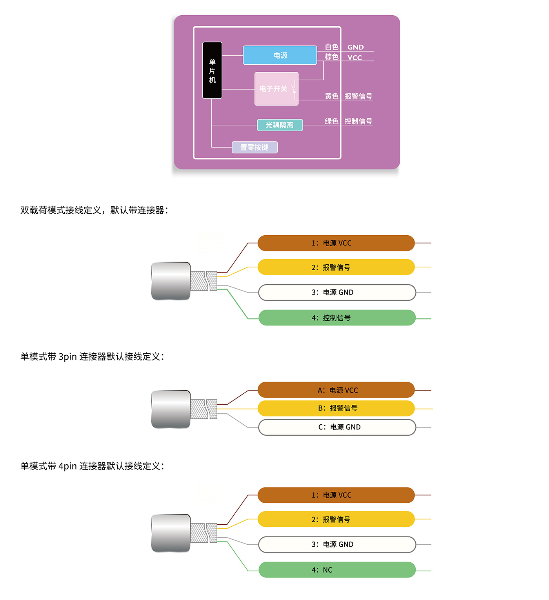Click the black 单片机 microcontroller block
pos(212,70)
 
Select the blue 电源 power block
pos(280,55)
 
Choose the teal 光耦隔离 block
pos(280,125)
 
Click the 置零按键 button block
pos(255,147)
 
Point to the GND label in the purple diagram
pos(355,47)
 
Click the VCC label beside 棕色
pos(354,58)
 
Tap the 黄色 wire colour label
pos(331,96)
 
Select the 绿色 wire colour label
pos(331,121)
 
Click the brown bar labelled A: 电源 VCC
pos(336,390)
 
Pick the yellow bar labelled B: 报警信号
pos(336,408)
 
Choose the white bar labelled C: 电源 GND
pos(337,427)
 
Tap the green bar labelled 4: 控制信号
pos(337,318)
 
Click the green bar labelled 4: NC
pos(337,570)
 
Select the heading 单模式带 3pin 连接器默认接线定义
pos(92,356)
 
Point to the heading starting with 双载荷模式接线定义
pos(94,210)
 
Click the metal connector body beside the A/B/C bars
pos(171,409)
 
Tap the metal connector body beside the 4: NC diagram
pos(171,533)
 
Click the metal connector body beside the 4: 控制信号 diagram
pos(171,281)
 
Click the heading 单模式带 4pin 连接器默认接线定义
pos(92,466)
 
